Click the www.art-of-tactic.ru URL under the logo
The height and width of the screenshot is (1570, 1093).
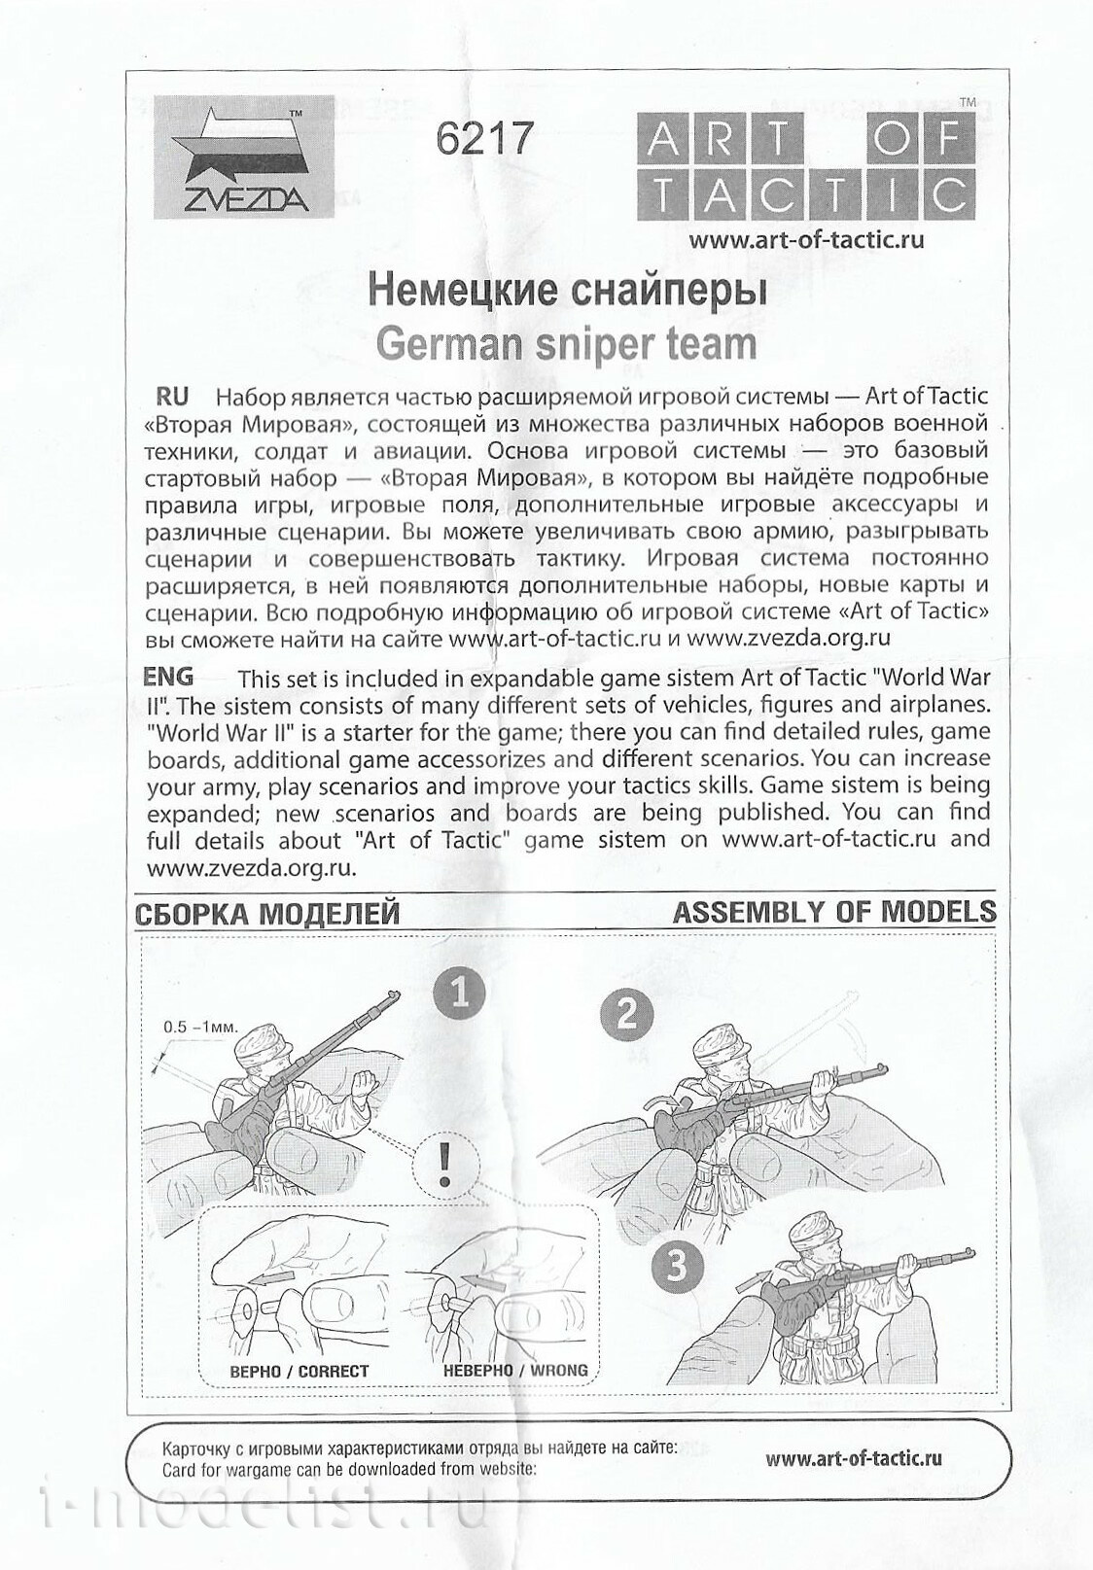point(806,240)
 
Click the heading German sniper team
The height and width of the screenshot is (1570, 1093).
point(565,342)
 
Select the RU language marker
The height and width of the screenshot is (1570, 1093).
point(173,397)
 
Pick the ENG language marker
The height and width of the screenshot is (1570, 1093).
point(168,676)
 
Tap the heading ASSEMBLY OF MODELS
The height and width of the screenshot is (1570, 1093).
point(834,912)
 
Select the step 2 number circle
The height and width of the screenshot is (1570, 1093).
point(627,1015)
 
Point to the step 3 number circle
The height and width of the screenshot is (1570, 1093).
point(679,1265)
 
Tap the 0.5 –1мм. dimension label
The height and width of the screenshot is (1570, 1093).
point(200,1026)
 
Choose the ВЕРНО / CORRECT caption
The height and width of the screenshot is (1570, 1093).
point(299,1372)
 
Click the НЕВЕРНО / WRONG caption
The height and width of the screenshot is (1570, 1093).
point(515,1371)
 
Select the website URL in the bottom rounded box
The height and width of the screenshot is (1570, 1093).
point(853,1457)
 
